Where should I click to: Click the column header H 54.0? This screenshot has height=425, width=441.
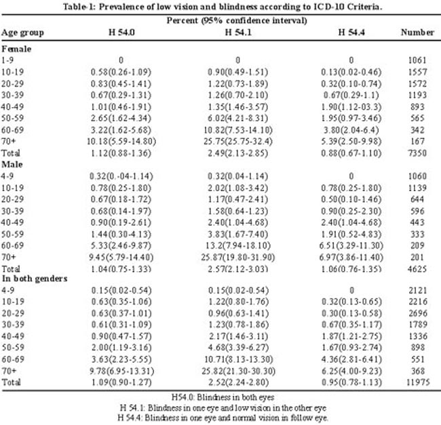click(x=121, y=33)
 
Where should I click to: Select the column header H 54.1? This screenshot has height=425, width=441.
click(x=238, y=33)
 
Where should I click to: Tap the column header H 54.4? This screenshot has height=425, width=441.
click(x=351, y=33)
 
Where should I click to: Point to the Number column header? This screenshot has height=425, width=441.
click(x=417, y=33)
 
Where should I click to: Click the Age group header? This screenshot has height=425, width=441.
click(x=22, y=33)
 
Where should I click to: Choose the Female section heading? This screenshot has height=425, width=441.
click(x=16, y=49)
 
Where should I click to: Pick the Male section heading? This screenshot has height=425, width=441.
click(x=12, y=164)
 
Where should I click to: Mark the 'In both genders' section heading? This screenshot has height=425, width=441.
click(x=35, y=279)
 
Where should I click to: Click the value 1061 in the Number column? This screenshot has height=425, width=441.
click(x=417, y=60)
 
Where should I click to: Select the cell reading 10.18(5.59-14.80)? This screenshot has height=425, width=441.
click(x=121, y=141)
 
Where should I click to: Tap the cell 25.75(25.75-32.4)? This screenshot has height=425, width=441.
click(x=238, y=141)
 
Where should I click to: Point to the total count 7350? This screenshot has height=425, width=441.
click(x=417, y=153)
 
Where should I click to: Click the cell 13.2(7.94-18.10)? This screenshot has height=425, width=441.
click(x=238, y=246)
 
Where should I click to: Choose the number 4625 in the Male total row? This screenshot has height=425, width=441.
click(x=417, y=269)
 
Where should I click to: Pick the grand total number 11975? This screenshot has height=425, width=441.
click(x=418, y=382)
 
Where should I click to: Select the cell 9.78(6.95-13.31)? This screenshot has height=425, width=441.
click(x=121, y=371)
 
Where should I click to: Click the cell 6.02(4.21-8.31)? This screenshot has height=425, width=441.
click(x=238, y=118)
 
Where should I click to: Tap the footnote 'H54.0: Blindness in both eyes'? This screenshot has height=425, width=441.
click(x=223, y=397)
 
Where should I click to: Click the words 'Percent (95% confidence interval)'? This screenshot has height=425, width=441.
click(x=237, y=20)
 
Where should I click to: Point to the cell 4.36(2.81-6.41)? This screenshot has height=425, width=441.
click(x=351, y=359)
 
